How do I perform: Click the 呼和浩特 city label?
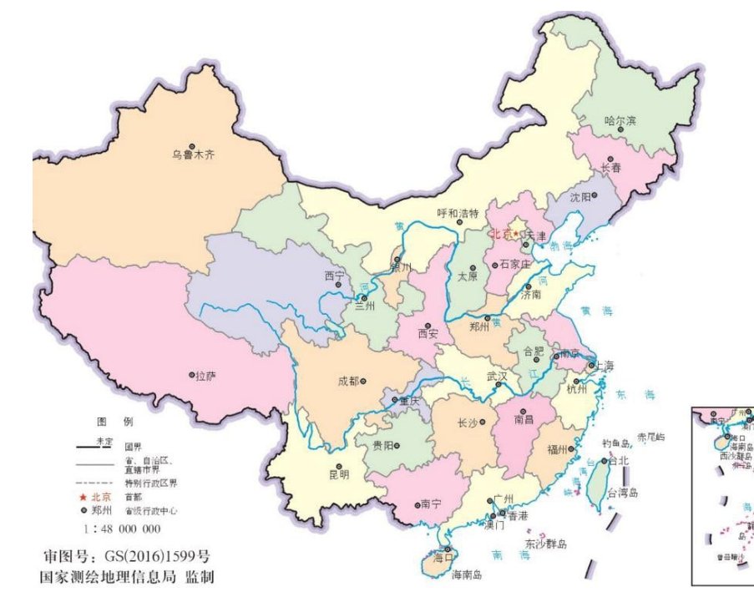click(x=458, y=213)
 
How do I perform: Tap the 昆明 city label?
click(x=339, y=474)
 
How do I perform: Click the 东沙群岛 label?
click(x=546, y=544)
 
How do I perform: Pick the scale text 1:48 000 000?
click(x=122, y=529)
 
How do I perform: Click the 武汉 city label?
click(x=497, y=376)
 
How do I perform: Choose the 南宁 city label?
click(x=430, y=504)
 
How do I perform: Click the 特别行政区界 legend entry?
click(x=150, y=483)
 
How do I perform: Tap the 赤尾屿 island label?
click(x=651, y=437)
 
